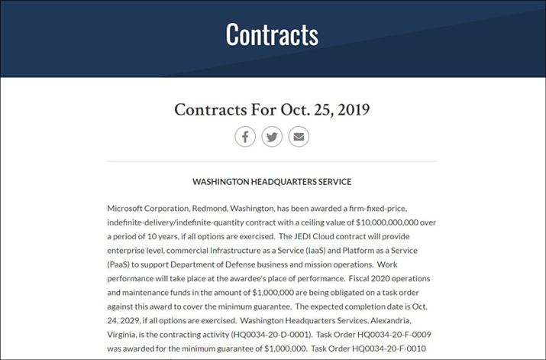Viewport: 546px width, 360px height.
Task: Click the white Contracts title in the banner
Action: [x=272, y=34]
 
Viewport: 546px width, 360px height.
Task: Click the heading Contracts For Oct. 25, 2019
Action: [x=272, y=109]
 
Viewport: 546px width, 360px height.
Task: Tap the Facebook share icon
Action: [x=244, y=138]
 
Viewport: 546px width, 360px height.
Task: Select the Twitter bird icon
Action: [x=272, y=138]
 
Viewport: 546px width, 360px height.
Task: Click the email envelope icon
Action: [x=299, y=138]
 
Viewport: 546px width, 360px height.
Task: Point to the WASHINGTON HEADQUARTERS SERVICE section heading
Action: [x=272, y=182]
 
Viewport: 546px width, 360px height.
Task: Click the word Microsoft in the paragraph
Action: [x=130, y=208]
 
